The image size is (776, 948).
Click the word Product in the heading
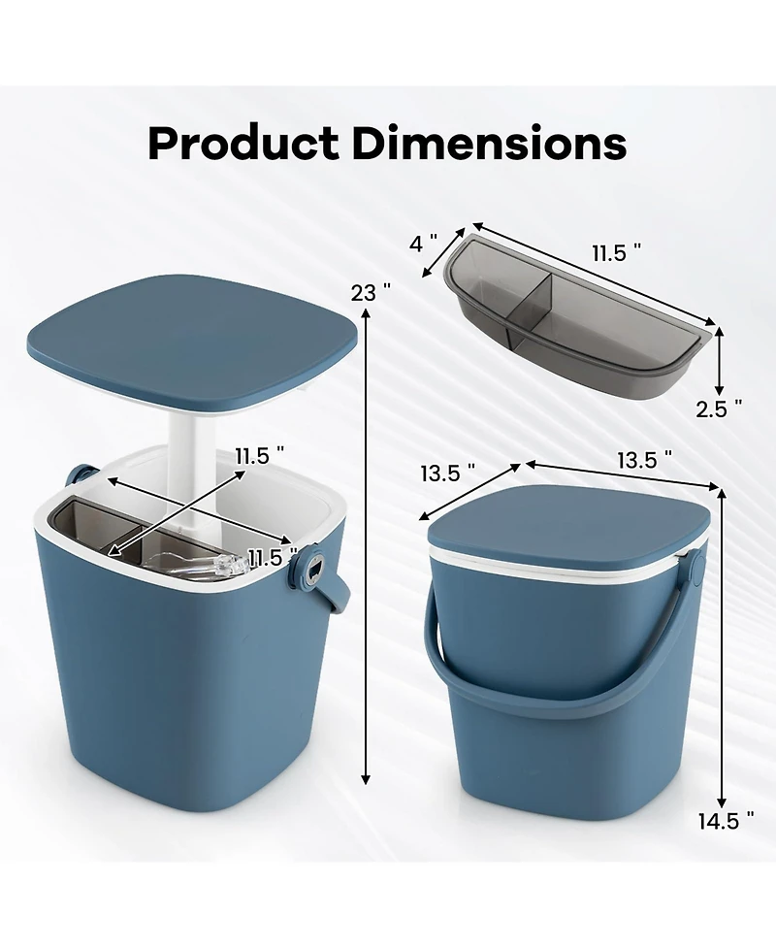pos(242,144)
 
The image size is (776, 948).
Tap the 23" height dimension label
pos(371,293)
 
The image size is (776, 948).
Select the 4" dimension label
pos(423,244)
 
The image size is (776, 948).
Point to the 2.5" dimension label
pos(719,409)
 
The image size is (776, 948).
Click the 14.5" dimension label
pos(726,821)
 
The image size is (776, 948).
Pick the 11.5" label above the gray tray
pos(617,252)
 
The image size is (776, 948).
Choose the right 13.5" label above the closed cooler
pos(645,460)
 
